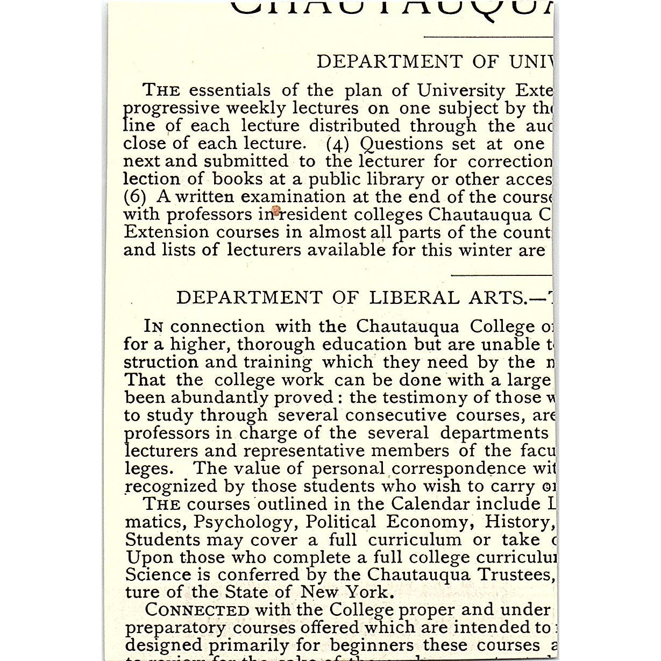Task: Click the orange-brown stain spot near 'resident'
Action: click(x=276, y=210)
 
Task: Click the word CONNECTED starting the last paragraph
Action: click(x=197, y=610)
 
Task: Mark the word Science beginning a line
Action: click(x=158, y=575)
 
